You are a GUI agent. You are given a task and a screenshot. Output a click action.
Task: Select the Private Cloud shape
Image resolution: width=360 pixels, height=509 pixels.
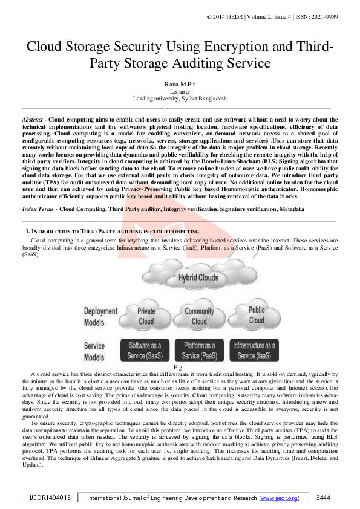coord(146,317)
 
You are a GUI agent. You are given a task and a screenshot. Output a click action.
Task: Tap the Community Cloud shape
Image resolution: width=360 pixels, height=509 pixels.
coord(199,317)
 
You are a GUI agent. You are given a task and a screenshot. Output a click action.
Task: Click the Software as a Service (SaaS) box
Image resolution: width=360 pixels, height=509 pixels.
coord(145,351)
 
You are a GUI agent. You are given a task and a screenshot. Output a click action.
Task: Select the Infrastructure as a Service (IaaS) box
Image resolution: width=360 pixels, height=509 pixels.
coord(254,351)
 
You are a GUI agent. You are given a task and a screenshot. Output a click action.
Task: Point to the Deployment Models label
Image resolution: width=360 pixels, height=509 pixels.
coord(100,316)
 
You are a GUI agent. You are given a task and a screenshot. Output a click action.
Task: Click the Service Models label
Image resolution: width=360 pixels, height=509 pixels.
coord(94,351)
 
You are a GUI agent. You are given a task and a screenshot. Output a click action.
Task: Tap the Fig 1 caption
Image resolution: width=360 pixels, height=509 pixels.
coord(180,368)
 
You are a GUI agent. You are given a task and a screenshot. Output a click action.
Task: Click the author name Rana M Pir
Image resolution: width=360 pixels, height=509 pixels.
coord(180,84)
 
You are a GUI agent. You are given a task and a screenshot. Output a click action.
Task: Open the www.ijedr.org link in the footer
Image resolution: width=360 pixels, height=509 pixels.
coord(278,498)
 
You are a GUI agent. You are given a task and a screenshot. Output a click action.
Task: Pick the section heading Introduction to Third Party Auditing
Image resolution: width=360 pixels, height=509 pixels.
coord(113,232)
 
